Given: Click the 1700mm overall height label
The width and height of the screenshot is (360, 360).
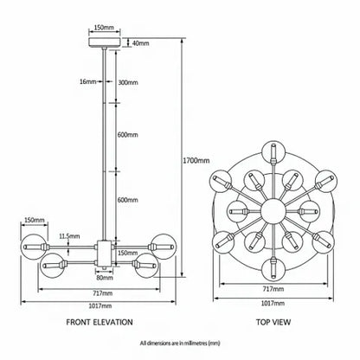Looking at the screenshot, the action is click(x=196, y=160).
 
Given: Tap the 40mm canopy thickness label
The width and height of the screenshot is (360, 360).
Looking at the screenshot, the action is click(x=140, y=43).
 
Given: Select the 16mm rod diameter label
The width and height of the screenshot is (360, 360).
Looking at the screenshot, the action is click(x=87, y=81).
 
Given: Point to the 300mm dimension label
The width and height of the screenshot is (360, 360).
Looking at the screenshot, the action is click(x=128, y=82).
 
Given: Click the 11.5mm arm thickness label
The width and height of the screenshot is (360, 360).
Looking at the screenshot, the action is click(x=69, y=236).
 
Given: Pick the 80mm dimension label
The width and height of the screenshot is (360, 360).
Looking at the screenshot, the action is click(x=104, y=278).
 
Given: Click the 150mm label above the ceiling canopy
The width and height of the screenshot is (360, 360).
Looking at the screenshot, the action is click(x=104, y=28).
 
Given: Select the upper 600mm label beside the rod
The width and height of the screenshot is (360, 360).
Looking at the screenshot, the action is click(x=128, y=135).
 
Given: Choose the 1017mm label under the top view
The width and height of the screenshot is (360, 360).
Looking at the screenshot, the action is click(x=273, y=303).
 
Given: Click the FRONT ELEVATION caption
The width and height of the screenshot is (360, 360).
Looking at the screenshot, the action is click(x=100, y=322).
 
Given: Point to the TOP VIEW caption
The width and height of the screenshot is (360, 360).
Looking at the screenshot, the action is click(x=273, y=322).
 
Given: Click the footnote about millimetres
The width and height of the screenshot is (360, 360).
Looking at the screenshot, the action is click(x=180, y=344).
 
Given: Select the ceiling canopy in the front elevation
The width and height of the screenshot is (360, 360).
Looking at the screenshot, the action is click(x=105, y=42).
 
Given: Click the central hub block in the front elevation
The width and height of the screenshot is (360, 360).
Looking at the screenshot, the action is click(x=105, y=254).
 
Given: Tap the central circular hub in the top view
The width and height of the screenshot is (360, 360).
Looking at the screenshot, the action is click(x=273, y=211).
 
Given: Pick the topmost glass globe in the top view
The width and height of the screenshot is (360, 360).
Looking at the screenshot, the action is click(x=273, y=151).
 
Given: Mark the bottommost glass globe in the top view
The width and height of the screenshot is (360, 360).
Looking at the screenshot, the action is click(x=273, y=269).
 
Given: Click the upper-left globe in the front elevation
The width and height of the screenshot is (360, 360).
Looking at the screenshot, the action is click(x=34, y=247).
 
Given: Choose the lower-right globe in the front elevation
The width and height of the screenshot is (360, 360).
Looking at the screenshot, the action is click(x=147, y=265).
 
